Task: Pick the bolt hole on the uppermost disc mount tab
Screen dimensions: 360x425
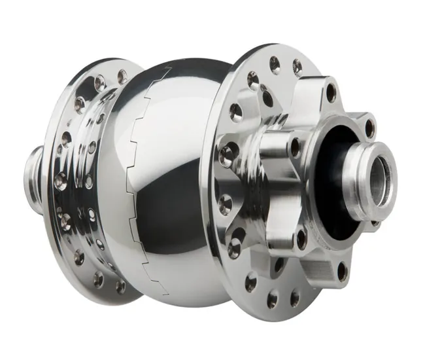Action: [x=331, y=92]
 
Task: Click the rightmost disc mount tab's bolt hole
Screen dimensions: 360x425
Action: [x=369, y=129]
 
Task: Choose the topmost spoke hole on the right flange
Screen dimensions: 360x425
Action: [x=275, y=63]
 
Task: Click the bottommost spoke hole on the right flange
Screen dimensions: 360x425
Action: [x=272, y=300]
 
